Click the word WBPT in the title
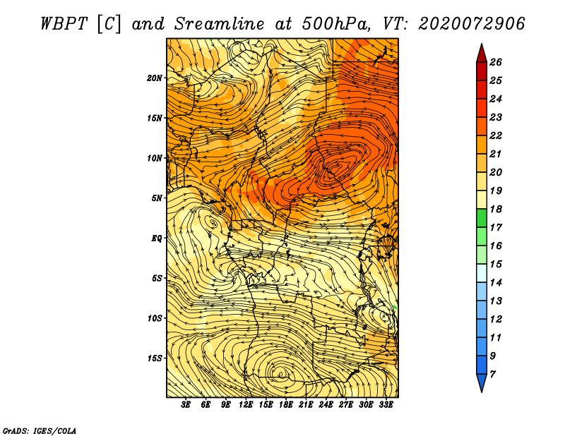click(x=64, y=24)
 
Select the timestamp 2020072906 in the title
click(x=472, y=24)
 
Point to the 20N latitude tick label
click(x=154, y=78)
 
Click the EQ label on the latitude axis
click(x=156, y=238)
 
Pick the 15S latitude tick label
click(x=154, y=358)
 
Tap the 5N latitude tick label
click(x=156, y=198)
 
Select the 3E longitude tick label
click(x=186, y=405)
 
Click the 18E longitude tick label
click(x=286, y=405)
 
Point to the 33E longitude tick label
click(x=386, y=405)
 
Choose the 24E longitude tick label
click(x=326, y=405)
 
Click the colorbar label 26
click(x=496, y=62)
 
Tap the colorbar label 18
click(x=496, y=209)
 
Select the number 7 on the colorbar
click(x=492, y=375)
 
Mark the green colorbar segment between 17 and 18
click(x=482, y=218)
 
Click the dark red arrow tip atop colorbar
click(x=482, y=53)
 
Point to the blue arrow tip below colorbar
click(x=482, y=383)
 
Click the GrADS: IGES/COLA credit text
click(x=40, y=431)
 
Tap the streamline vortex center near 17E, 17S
click(x=280, y=375)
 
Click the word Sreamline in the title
click(x=220, y=24)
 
